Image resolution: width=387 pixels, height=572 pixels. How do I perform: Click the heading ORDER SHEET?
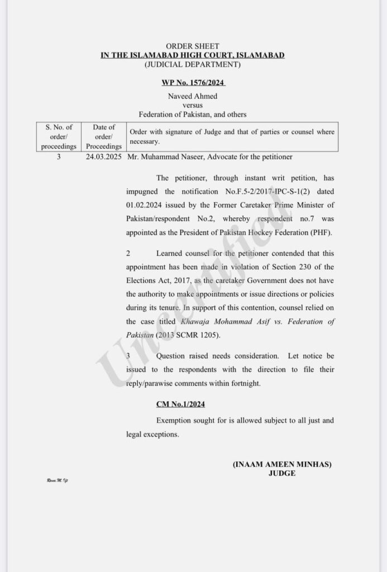[193, 46]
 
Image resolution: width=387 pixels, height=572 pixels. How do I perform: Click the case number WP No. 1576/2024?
[193, 82]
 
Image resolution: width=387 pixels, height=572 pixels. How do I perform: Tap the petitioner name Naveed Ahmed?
[193, 96]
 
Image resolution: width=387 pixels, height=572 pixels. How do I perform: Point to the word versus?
[193, 105]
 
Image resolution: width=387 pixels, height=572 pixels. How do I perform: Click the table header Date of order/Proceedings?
[103, 137]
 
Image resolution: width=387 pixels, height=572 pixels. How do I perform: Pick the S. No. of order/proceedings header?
[58, 137]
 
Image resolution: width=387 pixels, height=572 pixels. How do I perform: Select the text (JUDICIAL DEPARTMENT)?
[193, 64]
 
